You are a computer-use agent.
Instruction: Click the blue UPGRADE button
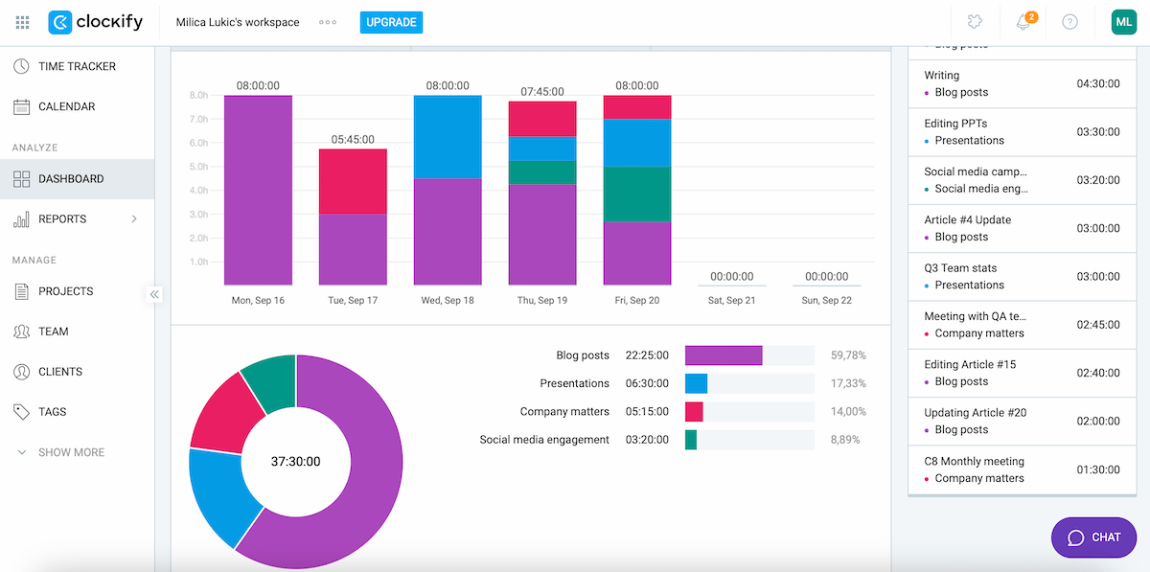coord(391,22)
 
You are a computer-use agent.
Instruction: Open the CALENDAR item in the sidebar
coord(66,106)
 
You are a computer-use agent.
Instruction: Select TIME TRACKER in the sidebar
coord(77,66)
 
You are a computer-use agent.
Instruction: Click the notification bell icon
coord(1023,22)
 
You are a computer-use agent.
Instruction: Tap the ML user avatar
coord(1123,22)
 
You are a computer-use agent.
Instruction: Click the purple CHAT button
coord(1093,538)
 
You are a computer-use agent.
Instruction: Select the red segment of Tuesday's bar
coord(352,181)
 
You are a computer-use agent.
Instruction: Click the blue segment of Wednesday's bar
coord(448,136)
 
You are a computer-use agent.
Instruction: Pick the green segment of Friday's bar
coord(637,194)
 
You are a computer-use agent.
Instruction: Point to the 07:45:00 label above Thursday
coord(542,92)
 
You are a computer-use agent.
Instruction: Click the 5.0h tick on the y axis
coord(199,167)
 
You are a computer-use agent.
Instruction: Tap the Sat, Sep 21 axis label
coord(732,300)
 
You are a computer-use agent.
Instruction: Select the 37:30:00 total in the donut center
coord(295,461)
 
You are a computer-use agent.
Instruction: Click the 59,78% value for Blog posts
coord(848,355)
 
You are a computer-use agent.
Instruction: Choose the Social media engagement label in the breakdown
coord(544,440)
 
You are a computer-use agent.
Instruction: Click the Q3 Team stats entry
coord(960,268)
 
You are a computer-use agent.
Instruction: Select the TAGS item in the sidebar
coord(52,411)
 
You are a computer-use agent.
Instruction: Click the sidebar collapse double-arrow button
coord(154,294)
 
